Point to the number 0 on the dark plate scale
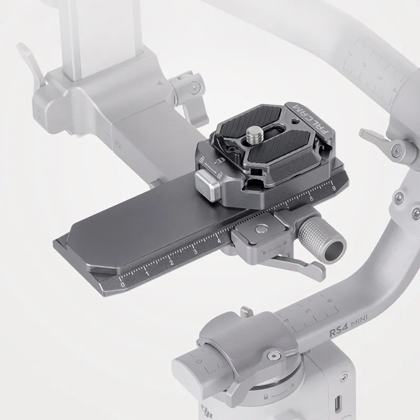click(x=123, y=284)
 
